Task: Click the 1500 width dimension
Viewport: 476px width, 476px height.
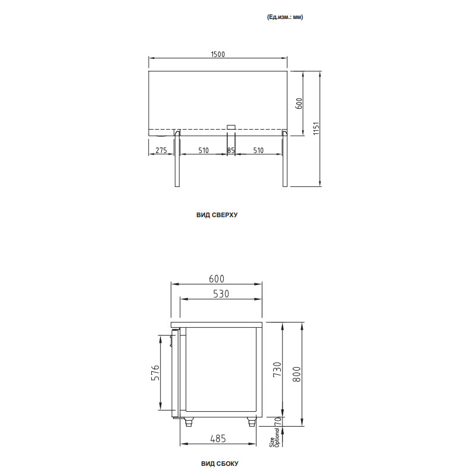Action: click(x=217, y=54)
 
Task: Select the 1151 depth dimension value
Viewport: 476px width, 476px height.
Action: click(x=317, y=129)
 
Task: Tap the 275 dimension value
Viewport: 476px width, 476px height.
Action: click(x=160, y=151)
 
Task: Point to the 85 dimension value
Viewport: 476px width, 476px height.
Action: click(x=231, y=151)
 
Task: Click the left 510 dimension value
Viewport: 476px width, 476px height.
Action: click(x=203, y=151)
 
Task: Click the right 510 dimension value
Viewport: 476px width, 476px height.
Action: click(x=258, y=151)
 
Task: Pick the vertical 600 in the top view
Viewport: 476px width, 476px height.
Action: click(x=299, y=103)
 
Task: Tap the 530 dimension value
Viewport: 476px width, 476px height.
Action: click(x=221, y=294)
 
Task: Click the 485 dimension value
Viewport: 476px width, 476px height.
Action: click(x=220, y=439)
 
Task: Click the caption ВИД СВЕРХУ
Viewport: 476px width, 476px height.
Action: click(x=217, y=215)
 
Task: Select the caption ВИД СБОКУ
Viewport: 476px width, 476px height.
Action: click(x=220, y=463)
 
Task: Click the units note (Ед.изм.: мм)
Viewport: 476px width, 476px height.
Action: click(x=286, y=17)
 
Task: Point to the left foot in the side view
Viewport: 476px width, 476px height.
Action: click(x=190, y=422)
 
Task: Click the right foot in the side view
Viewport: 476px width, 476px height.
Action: click(x=251, y=422)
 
